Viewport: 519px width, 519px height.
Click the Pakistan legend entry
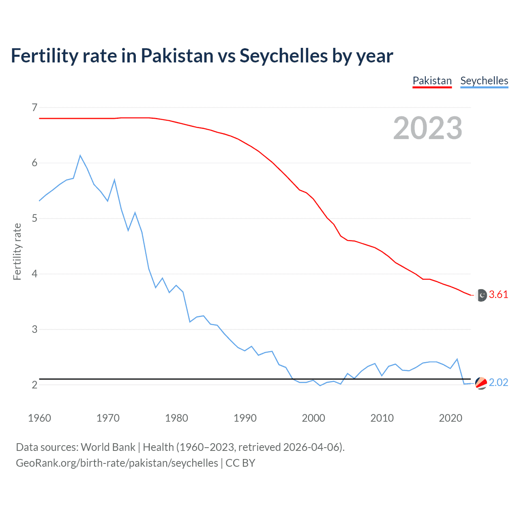432,81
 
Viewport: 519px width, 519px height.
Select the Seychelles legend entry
484,81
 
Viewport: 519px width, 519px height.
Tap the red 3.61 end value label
498,295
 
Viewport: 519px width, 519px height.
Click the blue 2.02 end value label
498,383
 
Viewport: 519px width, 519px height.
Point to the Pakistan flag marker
481,295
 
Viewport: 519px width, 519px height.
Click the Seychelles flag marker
481,383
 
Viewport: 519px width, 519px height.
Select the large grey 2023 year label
428,128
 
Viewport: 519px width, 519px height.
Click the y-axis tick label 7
34,108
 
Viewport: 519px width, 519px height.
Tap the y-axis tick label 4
34,274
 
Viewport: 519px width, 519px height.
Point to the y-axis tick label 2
34,385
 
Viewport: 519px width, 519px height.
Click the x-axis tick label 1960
39,418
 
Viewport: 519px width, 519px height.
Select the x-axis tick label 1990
245,418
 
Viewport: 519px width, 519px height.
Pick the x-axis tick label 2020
450,418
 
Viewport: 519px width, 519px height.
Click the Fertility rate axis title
17,251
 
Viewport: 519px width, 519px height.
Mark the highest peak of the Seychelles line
80,155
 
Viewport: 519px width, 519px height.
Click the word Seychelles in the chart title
283,56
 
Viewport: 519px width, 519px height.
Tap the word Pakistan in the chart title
177,56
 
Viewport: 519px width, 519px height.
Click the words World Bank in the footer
108,447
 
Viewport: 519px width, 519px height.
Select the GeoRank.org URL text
117,463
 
